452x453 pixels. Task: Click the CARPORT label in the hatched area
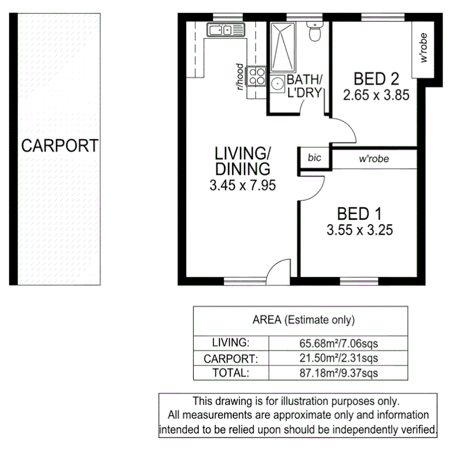[x=59, y=146]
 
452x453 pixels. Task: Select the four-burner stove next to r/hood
[x=256, y=76]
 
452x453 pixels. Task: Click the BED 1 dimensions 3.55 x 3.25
[x=359, y=229]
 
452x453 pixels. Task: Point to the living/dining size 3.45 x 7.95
[x=242, y=185]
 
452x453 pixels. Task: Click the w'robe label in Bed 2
[x=423, y=48]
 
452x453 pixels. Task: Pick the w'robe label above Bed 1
[x=374, y=159]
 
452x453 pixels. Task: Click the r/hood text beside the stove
[x=240, y=77]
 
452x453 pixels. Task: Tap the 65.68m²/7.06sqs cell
[x=338, y=343]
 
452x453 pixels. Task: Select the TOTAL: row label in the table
[x=231, y=374]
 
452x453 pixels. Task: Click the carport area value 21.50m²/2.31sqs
[x=338, y=359]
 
